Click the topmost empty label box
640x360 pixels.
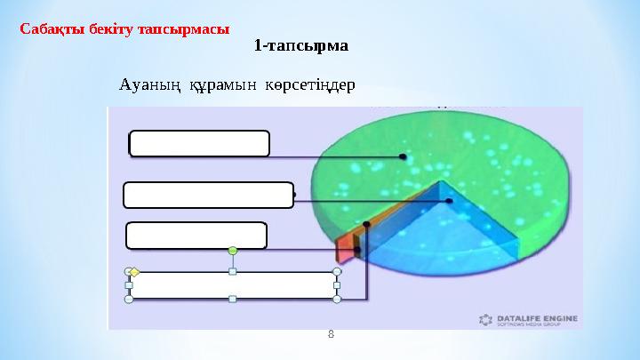point(199,143)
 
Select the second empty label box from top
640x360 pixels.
point(209,195)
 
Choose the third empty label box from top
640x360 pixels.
point(196,236)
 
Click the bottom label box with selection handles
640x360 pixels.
point(233,285)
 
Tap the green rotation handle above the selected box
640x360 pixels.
point(233,252)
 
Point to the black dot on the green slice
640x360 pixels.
point(403,156)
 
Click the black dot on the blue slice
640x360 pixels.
point(450,202)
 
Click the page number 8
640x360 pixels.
point(331,334)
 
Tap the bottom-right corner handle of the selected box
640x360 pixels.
point(337,300)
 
